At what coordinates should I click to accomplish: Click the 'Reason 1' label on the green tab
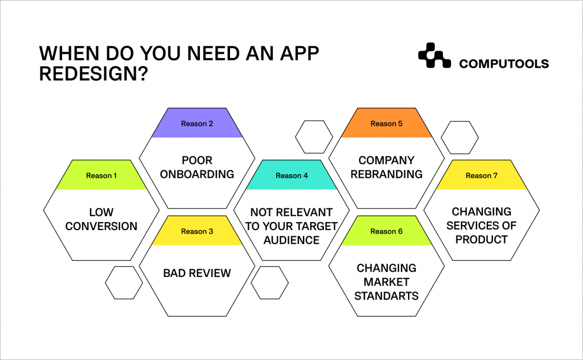pyautogui.click(x=101, y=175)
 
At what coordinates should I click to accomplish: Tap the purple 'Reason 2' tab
pyautogui.click(x=197, y=124)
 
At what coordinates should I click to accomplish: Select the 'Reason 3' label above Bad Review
pyautogui.click(x=197, y=231)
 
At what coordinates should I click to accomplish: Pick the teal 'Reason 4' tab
pyautogui.click(x=291, y=175)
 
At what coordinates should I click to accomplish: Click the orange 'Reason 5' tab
pyautogui.click(x=387, y=124)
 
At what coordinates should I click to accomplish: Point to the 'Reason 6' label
pyautogui.click(x=387, y=231)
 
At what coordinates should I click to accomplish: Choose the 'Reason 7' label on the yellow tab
pyautogui.click(x=482, y=175)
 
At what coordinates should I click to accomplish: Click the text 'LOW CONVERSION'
pyautogui.click(x=101, y=219)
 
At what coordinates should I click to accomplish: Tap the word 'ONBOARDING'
pyautogui.click(x=197, y=174)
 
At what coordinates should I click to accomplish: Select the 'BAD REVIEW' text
pyautogui.click(x=197, y=273)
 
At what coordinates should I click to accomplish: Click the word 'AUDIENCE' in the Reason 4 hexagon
pyautogui.click(x=291, y=240)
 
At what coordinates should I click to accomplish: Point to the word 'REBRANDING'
pyautogui.click(x=387, y=174)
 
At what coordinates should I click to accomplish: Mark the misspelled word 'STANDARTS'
pyautogui.click(x=387, y=296)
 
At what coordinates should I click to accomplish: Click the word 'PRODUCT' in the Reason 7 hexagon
pyautogui.click(x=482, y=239)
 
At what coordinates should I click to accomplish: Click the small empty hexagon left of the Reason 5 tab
pyautogui.click(x=314, y=137)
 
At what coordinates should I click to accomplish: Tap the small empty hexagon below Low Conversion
pyautogui.click(x=124, y=283)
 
